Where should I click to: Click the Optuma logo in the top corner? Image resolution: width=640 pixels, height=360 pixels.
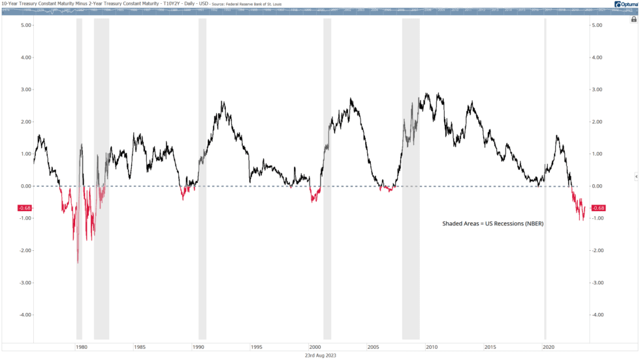point(625,5)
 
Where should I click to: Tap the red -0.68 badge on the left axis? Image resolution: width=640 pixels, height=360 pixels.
point(24,208)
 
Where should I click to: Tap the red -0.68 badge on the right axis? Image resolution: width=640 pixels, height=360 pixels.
point(599,208)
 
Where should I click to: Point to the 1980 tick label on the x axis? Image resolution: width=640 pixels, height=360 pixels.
point(81,347)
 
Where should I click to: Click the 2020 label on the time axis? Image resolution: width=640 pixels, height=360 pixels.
point(549,347)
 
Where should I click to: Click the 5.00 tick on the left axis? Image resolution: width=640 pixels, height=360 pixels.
point(27,25)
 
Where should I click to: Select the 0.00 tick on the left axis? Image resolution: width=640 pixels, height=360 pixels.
point(27,186)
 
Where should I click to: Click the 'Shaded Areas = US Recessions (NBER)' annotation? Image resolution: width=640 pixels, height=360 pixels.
point(493,223)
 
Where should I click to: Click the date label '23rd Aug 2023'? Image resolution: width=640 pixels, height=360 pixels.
point(320,355)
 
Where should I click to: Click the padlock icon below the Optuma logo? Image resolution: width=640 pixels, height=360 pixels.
point(633,20)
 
